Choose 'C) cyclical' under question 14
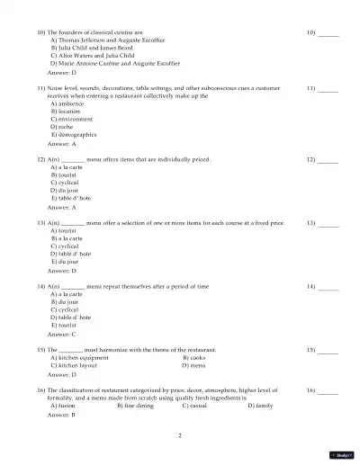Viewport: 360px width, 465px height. point(65,309)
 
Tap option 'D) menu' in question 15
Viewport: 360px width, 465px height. point(193,365)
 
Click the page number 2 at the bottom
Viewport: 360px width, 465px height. point(180,435)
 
